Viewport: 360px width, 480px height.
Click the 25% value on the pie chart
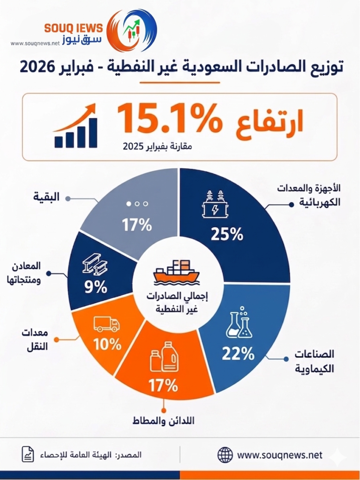(227, 233)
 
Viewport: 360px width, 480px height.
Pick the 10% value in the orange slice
(107, 345)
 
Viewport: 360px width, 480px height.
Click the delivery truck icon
(106, 324)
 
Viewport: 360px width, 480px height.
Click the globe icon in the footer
(225, 454)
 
